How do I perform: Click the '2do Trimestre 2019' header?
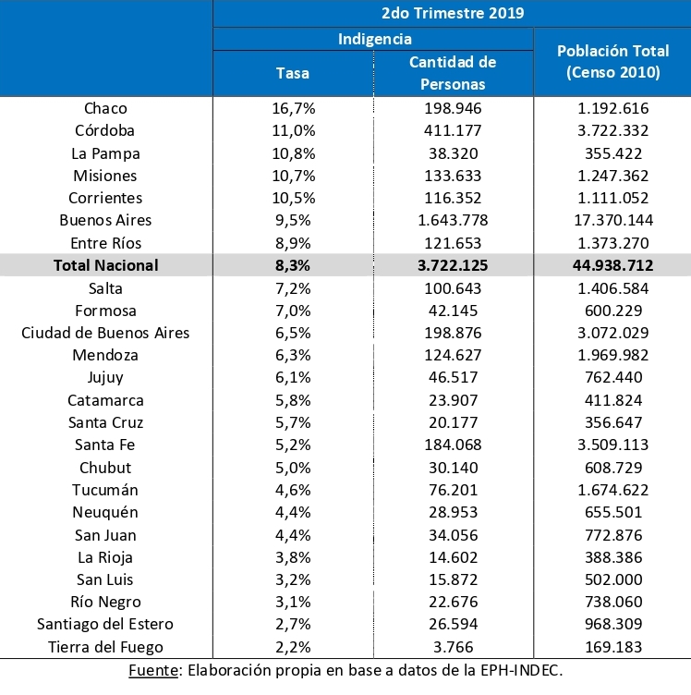click(x=452, y=13)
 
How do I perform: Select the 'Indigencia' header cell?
click(x=374, y=39)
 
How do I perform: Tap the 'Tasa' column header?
click(x=294, y=73)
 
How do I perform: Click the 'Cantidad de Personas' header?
click(x=453, y=73)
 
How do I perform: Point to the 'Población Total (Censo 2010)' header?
click(x=612, y=61)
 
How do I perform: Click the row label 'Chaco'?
click(x=105, y=108)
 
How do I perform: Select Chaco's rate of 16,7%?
click(x=294, y=108)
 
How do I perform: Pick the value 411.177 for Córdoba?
click(x=453, y=130)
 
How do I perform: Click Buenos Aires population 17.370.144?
click(x=612, y=220)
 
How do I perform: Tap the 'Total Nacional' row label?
click(x=105, y=265)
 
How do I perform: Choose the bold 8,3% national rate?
click(x=294, y=265)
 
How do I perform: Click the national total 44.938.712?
click(x=612, y=265)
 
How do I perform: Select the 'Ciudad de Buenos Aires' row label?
click(x=105, y=333)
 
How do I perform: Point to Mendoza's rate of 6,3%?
click(x=294, y=355)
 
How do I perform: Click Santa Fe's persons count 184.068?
click(x=453, y=445)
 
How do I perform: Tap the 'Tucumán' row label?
click(x=105, y=490)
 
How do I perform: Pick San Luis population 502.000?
click(x=612, y=579)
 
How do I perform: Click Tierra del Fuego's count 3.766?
click(x=453, y=647)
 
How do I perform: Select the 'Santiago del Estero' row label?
click(x=105, y=625)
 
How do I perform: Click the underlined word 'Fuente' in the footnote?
click(x=153, y=670)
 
